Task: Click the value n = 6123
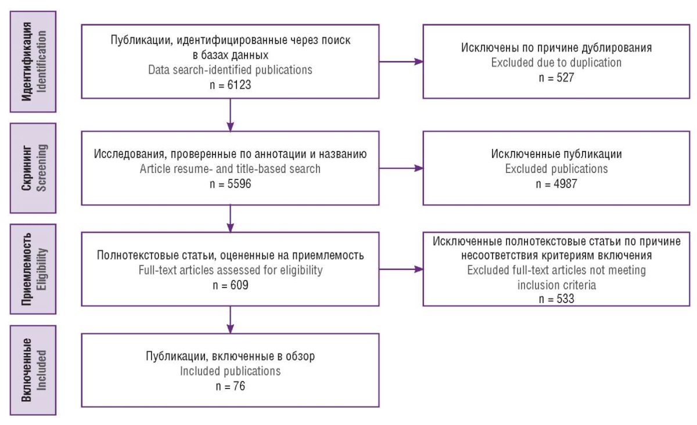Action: point(230,85)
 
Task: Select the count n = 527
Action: point(556,77)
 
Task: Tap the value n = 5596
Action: point(230,184)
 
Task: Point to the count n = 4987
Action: point(556,184)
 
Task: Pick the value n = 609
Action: point(230,285)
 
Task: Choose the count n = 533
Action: point(556,298)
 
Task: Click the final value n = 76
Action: point(230,386)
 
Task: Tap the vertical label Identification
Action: point(42,62)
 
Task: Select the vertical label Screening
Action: point(42,168)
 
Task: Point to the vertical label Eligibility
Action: point(42,269)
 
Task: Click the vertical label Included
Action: point(42,370)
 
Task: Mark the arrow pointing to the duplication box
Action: point(401,62)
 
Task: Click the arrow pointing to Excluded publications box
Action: point(401,168)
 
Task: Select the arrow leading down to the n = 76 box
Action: point(230,320)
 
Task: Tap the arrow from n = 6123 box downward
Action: point(230,115)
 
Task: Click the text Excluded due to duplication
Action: point(556,63)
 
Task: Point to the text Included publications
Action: point(230,371)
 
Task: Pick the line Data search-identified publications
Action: point(230,70)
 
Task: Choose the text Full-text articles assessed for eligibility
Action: point(230,270)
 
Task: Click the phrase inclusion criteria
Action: point(556,285)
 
